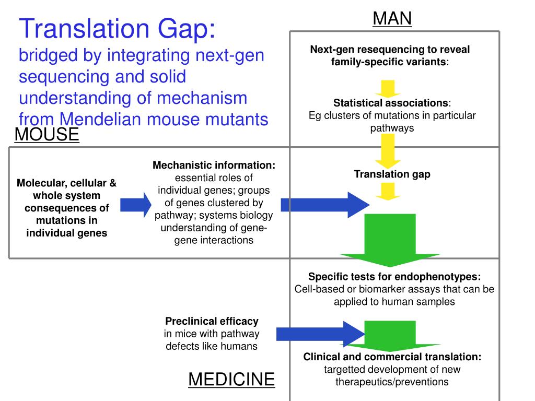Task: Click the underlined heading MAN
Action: (x=392, y=18)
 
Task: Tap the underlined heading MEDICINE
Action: (x=231, y=379)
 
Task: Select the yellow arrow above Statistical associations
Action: (x=387, y=87)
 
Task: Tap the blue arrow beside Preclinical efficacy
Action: (x=320, y=333)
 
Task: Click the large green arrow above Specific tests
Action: (x=391, y=240)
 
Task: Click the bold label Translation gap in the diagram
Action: (x=392, y=174)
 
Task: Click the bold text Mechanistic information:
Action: (x=214, y=166)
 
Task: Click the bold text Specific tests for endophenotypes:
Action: (x=394, y=277)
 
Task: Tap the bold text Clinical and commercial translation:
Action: (x=392, y=357)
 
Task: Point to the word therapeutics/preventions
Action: (x=392, y=382)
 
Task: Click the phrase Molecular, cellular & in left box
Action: (x=66, y=183)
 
